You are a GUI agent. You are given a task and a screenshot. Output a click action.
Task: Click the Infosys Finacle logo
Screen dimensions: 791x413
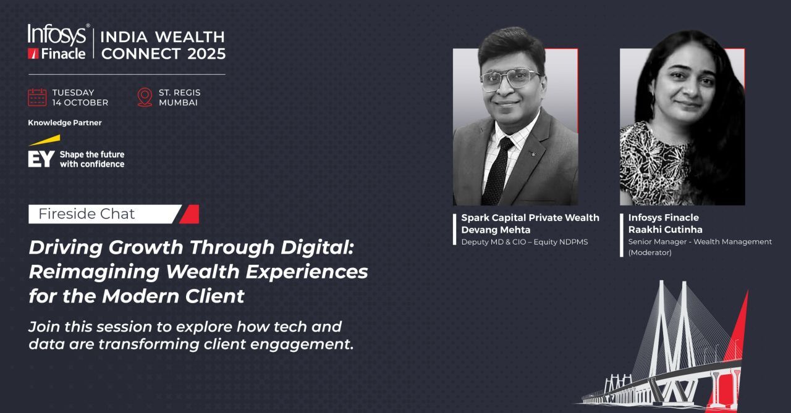coord(58,41)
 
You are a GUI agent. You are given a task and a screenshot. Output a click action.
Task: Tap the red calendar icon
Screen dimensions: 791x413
coord(37,98)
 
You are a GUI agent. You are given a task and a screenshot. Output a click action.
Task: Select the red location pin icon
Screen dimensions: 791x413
coord(145,98)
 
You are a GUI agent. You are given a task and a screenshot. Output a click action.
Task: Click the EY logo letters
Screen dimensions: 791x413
coord(41,159)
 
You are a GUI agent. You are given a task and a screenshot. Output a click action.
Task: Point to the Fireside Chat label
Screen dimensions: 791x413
coord(87,214)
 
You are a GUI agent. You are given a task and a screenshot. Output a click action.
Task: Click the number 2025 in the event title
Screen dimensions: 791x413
coord(206,54)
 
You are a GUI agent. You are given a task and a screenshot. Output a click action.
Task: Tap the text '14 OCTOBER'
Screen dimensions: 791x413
coord(80,102)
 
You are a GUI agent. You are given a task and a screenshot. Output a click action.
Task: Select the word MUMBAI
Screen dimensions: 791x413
coord(178,102)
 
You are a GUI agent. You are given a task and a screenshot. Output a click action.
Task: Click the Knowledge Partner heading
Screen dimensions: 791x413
coord(65,123)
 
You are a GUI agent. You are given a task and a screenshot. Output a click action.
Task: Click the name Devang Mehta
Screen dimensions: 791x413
coord(496,230)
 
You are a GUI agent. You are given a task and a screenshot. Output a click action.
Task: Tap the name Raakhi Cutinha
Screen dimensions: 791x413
coord(666,230)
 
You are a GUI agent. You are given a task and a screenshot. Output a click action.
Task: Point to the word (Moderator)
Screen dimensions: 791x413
coord(649,252)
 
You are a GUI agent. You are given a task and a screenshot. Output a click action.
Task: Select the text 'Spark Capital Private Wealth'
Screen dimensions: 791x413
coord(530,217)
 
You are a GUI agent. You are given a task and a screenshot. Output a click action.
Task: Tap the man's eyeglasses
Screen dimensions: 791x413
coord(509,78)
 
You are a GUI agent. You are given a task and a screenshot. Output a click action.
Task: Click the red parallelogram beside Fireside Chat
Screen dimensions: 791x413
coord(189,214)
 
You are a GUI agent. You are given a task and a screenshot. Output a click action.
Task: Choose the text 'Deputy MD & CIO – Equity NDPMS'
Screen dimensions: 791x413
coord(525,242)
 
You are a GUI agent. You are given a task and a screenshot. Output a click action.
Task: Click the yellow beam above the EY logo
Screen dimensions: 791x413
coord(45,140)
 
